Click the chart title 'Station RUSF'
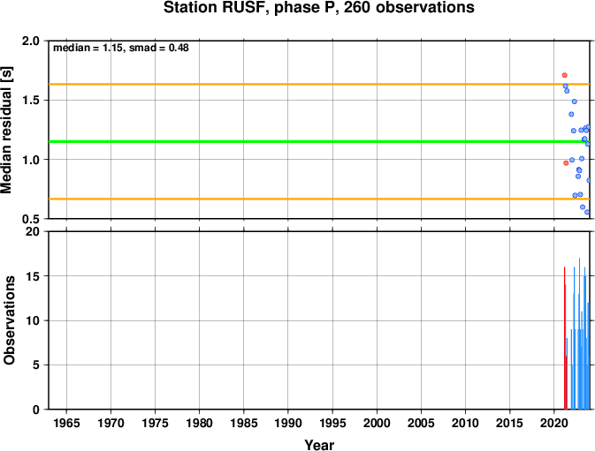[215, 8]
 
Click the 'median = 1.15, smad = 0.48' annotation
[120, 48]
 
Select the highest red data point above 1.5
[565, 75]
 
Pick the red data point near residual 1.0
[566, 162]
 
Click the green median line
[319, 141]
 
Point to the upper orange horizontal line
[319, 84]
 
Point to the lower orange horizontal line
[319, 199]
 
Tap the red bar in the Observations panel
[565, 338]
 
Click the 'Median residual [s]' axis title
[7, 130]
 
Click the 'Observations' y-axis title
[9, 320]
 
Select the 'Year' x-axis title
[319, 445]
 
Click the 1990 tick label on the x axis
[288, 423]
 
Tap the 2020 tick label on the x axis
[553, 423]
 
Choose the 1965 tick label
[67, 423]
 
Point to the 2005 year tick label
[421, 423]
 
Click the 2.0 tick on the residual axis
[31, 41]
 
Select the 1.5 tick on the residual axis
[31, 101]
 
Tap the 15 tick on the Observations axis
[33, 276]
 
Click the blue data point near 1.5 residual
[575, 101]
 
